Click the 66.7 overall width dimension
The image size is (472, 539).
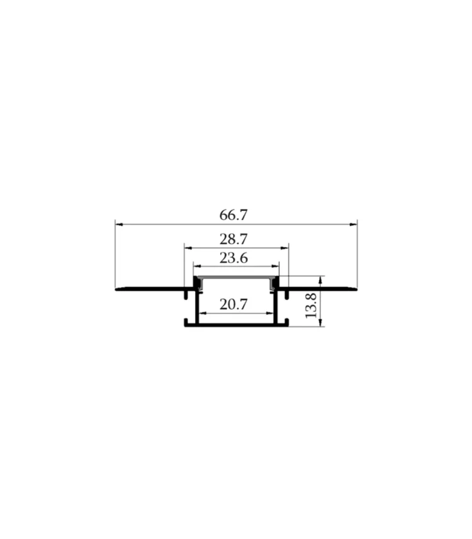233,214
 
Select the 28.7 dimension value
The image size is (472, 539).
233,239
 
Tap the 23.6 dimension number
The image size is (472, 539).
233,258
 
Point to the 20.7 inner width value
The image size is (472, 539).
233,304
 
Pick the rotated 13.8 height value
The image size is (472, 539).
311,304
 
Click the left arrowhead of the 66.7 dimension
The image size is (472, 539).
118,223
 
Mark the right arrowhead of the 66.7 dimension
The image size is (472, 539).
354,223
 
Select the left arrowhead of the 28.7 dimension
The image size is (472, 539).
186,248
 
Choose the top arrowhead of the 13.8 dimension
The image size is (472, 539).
321,279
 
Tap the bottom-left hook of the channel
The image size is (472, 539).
186,323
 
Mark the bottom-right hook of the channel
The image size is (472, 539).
286,323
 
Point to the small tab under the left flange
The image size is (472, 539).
187,294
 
